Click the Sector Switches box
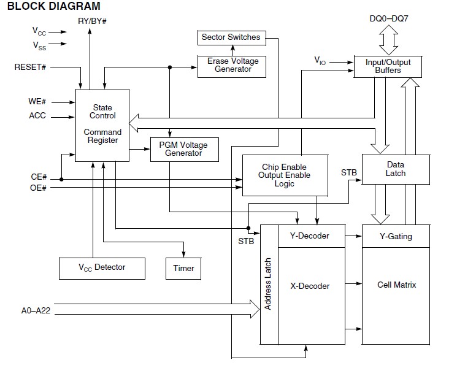[x=232, y=38]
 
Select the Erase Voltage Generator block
[x=232, y=67]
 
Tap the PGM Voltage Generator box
[x=185, y=150]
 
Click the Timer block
[x=183, y=269]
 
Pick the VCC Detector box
[x=102, y=269]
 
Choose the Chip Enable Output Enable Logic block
[x=285, y=175]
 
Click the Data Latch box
[x=396, y=169]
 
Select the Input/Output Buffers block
[x=388, y=67]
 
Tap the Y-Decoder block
[x=312, y=236]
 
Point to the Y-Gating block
[x=396, y=236]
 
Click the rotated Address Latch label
[x=268, y=284]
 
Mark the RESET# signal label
[x=30, y=67]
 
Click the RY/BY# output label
[x=92, y=21]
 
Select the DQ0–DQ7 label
[x=389, y=18]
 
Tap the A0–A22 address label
[x=36, y=310]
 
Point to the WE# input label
[x=37, y=101]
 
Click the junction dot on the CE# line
[x=61, y=180]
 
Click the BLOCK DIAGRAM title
[x=53, y=6]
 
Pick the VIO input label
[x=320, y=61]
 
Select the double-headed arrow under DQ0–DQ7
[x=389, y=40]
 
